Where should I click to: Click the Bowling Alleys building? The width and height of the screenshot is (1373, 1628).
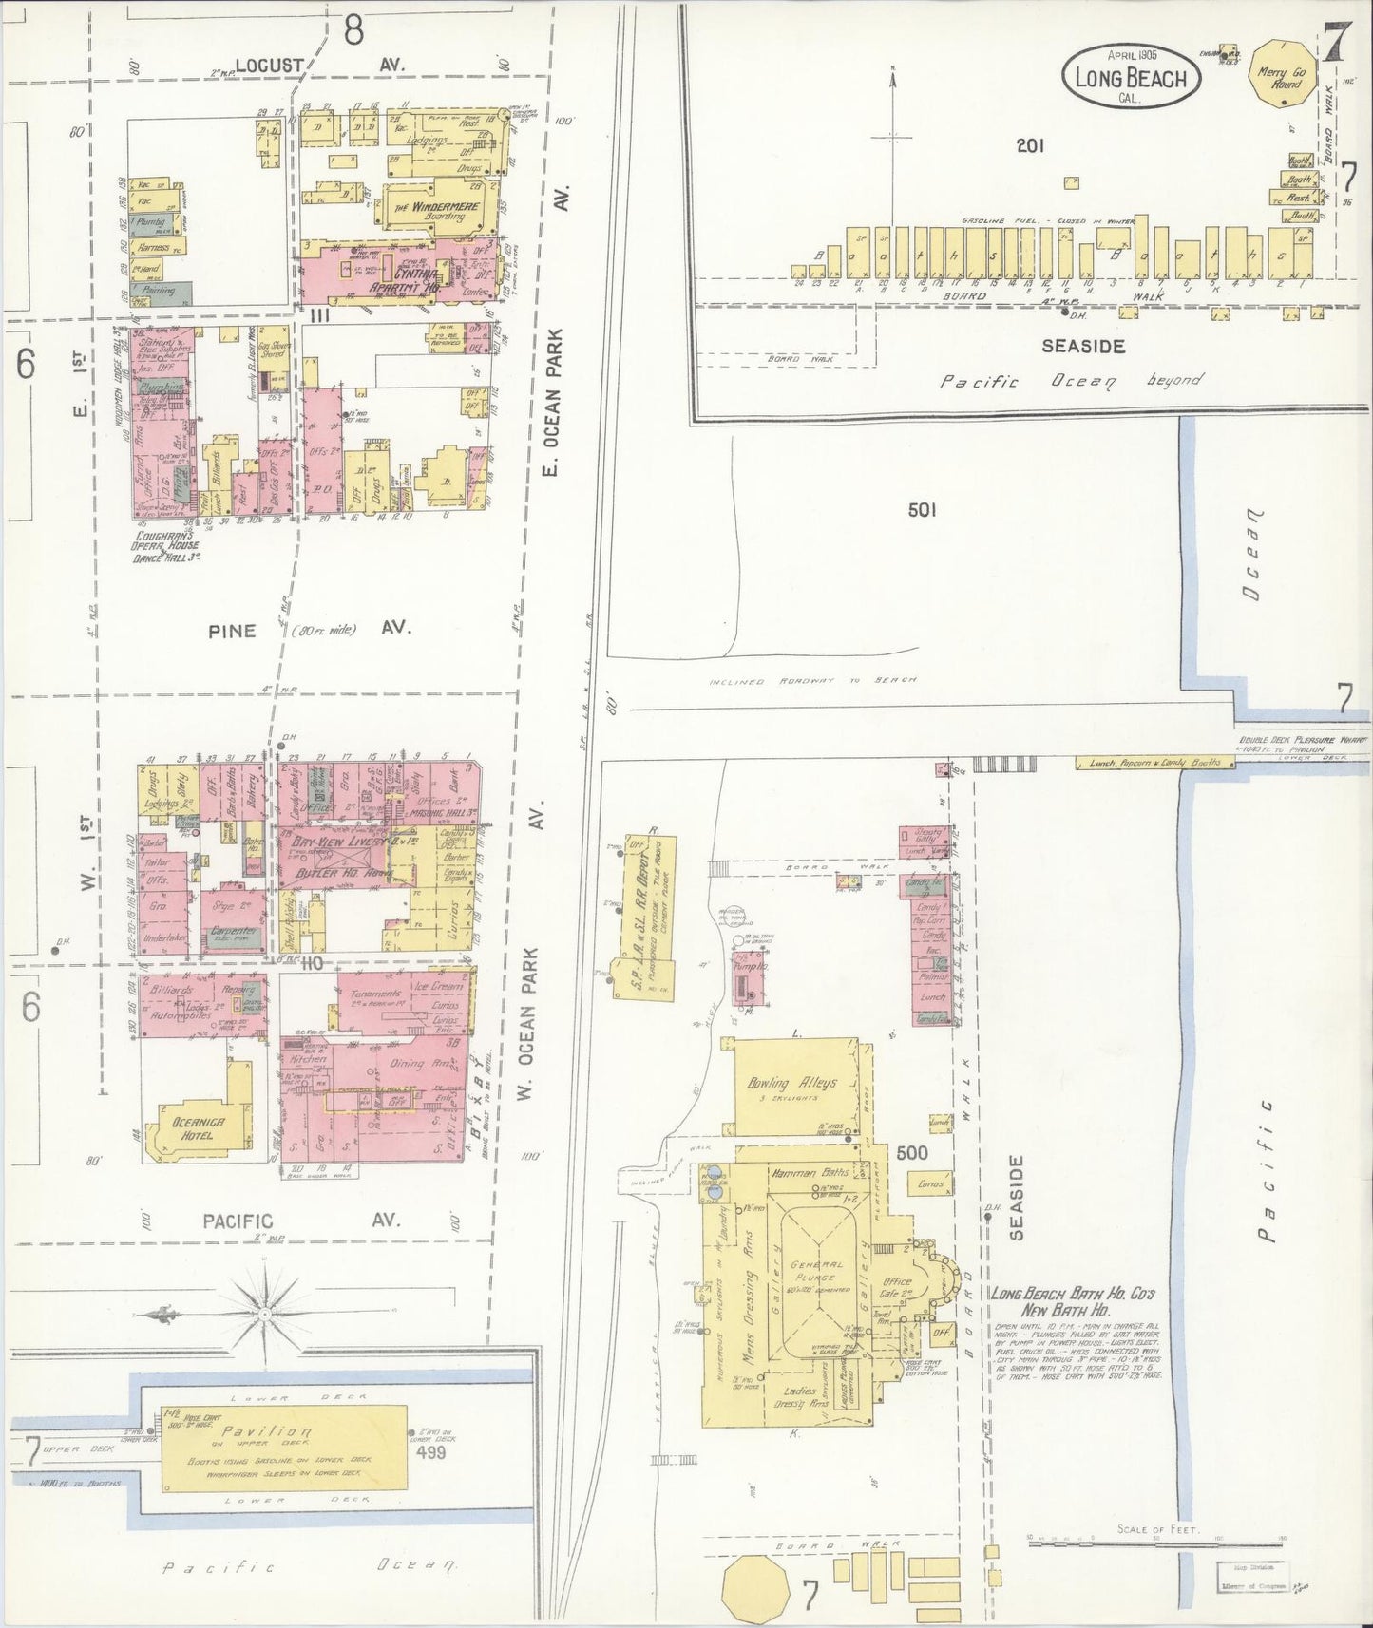pyautogui.click(x=804, y=1083)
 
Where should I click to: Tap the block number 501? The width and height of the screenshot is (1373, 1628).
pyautogui.click(x=921, y=510)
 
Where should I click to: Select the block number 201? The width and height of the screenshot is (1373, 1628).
pyautogui.click(x=1029, y=145)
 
